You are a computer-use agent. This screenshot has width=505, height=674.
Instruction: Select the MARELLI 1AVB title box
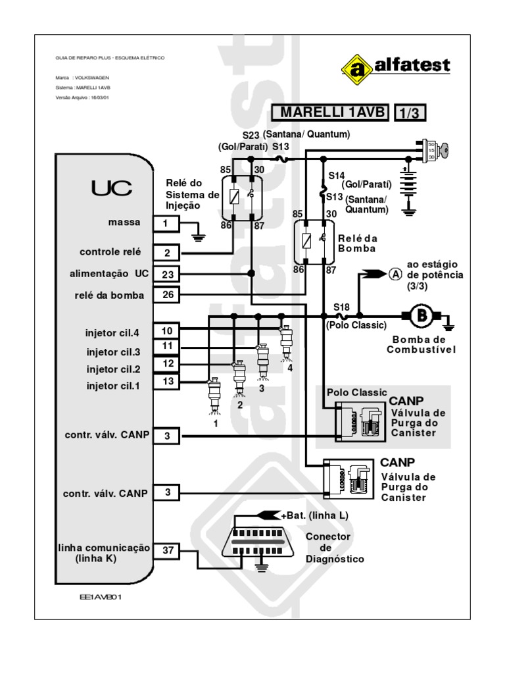(x=331, y=113)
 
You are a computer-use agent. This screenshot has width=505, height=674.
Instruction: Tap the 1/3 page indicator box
(x=410, y=113)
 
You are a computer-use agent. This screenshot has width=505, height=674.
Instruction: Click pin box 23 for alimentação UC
(x=168, y=274)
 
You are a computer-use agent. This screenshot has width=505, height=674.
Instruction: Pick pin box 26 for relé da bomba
(x=168, y=294)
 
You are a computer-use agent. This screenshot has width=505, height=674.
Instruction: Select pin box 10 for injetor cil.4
(x=168, y=331)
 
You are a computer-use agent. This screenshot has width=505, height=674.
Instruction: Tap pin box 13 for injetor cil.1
(x=168, y=380)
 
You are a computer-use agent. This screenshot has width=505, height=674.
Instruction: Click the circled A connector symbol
(x=394, y=273)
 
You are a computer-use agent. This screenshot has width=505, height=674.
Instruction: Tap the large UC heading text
(x=111, y=188)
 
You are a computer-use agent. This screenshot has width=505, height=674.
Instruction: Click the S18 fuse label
(x=341, y=306)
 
